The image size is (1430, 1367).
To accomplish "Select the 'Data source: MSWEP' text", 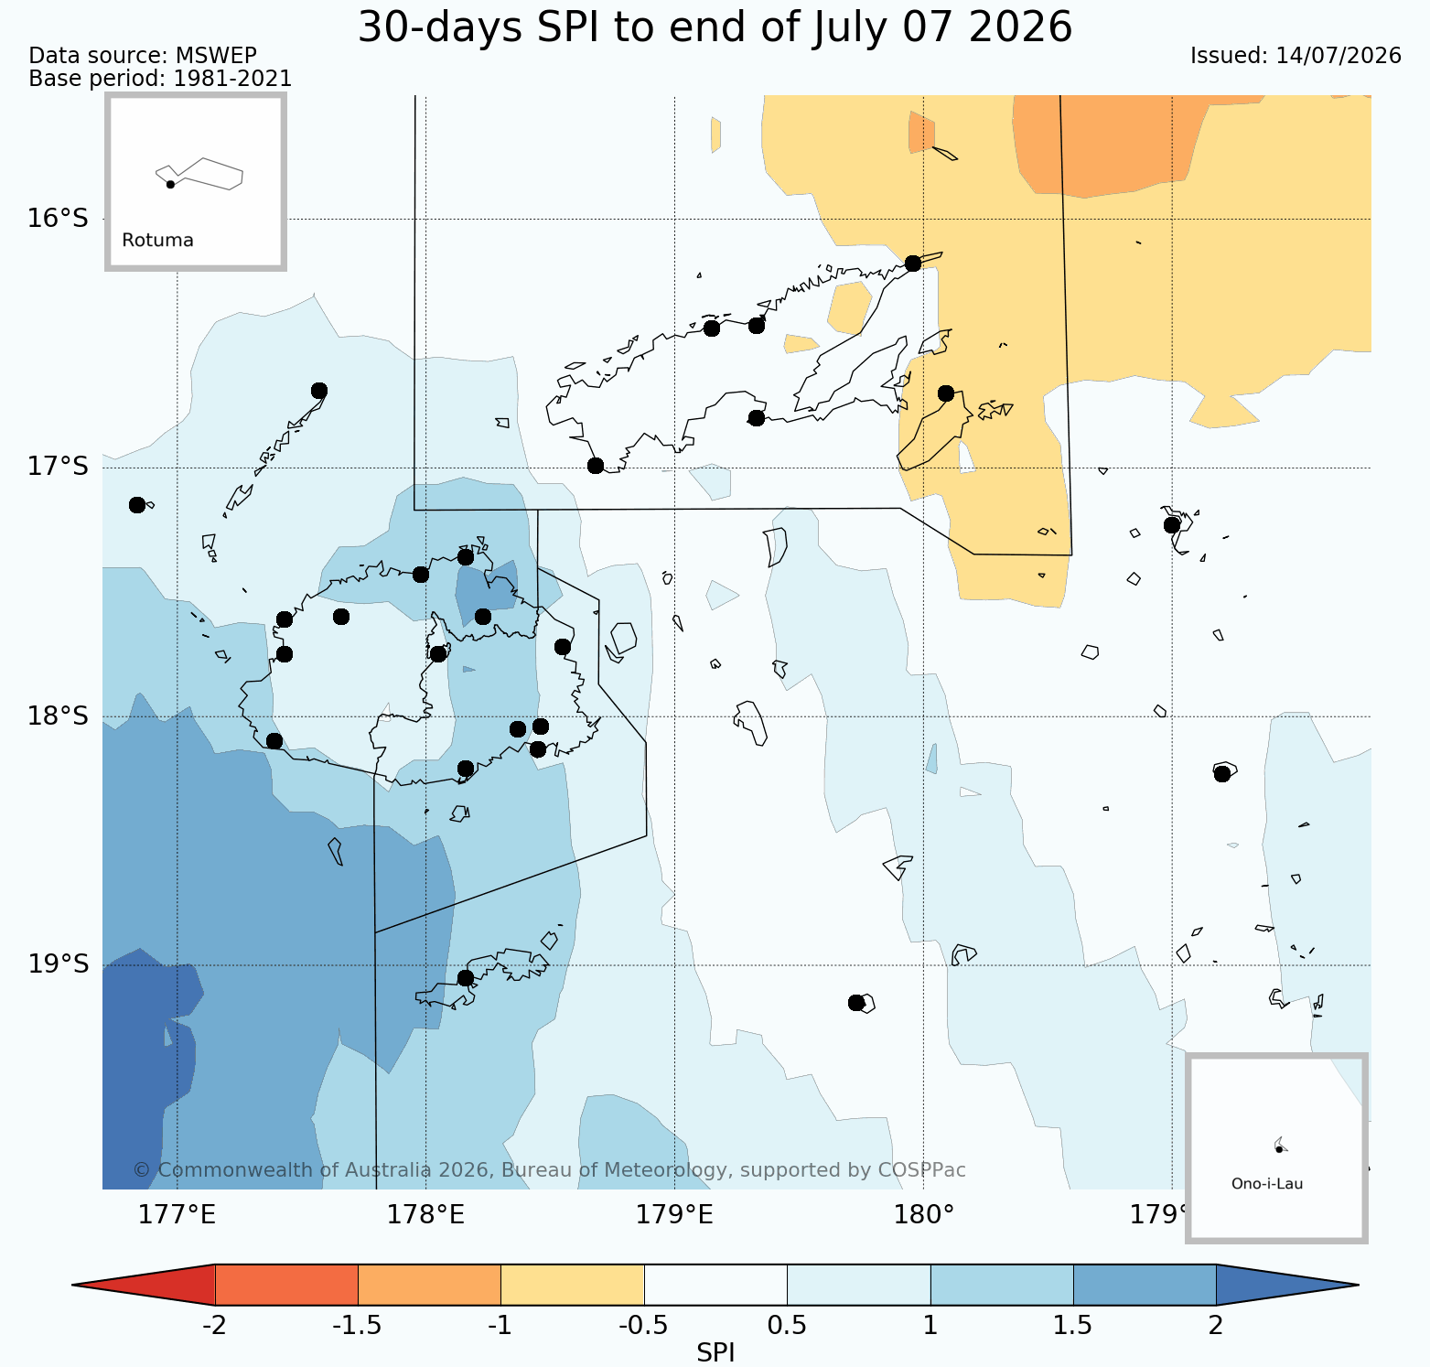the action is click(x=143, y=56).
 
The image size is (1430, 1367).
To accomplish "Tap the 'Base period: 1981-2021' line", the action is click(x=161, y=79).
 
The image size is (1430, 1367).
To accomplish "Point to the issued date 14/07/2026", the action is click(x=1339, y=56).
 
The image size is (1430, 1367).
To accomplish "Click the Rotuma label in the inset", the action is click(x=158, y=241).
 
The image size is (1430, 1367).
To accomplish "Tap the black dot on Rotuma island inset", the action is click(x=170, y=184).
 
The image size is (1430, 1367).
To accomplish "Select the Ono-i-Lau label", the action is click(x=1267, y=1184).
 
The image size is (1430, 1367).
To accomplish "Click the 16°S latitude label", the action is click(x=59, y=219).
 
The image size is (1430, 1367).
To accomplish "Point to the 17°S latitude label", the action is click(x=59, y=467).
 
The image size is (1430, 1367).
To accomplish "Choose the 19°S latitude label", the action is click(x=59, y=964).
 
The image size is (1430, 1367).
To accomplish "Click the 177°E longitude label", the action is click(x=177, y=1215).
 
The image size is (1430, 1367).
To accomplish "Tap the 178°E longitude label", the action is click(x=426, y=1215).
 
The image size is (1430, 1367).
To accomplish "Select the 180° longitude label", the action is click(x=924, y=1215).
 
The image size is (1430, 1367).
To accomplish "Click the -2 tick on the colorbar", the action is click(x=214, y=1326).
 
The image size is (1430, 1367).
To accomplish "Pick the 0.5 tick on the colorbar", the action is click(x=788, y=1326).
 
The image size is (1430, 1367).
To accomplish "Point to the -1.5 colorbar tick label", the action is click(x=357, y=1326).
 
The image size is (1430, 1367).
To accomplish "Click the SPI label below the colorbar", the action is click(x=715, y=1353).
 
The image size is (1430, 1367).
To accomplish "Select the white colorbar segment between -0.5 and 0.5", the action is click(x=716, y=1285).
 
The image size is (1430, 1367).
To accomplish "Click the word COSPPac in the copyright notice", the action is click(x=922, y=1170).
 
